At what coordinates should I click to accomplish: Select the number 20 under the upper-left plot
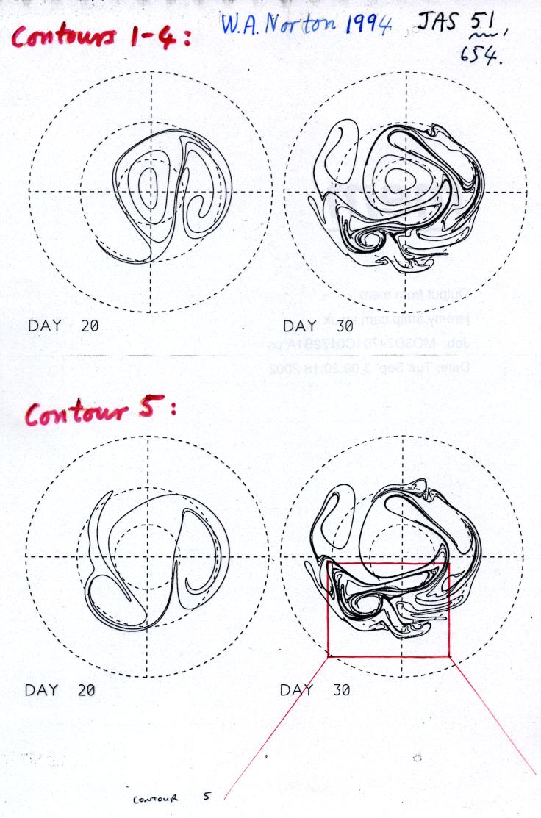point(90,325)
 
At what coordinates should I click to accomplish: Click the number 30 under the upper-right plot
point(344,325)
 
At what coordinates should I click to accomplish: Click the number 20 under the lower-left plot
point(86,690)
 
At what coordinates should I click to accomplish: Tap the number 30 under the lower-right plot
point(340,690)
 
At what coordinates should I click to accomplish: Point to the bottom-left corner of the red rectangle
point(329,655)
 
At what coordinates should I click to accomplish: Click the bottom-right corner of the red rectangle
point(449,654)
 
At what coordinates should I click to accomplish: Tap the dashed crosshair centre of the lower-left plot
point(148,556)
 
